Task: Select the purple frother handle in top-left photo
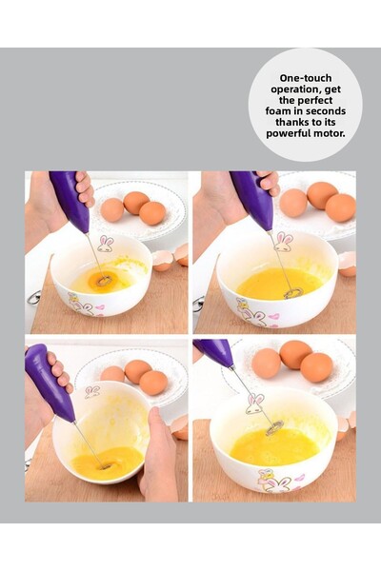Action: point(70,200)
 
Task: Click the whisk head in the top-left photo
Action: point(103,280)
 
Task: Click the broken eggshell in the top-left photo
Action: point(170,259)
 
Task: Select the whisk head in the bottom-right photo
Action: point(274,427)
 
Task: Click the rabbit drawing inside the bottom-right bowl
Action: point(255,404)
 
